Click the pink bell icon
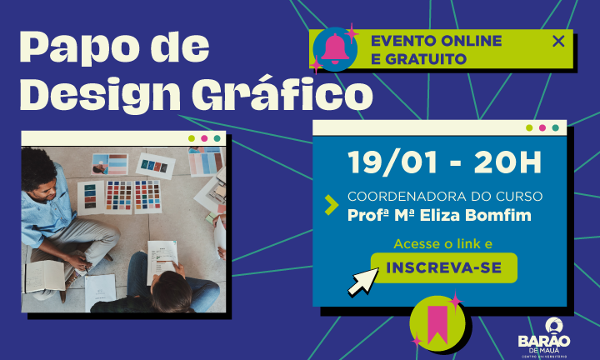[335, 49]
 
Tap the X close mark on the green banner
[558, 41]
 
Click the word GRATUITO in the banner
[426, 59]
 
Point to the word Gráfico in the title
[282, 94]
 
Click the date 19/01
[393, 162]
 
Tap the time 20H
[507, 162]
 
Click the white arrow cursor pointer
[362, 282]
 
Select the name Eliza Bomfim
[476, 215]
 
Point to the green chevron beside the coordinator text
[332, 205]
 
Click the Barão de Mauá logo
[544, 337]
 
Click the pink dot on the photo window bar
[204, 138]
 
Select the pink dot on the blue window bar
[542, 127]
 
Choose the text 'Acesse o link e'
[442, 243]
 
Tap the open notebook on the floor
[45, 276]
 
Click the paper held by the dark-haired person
[162, 260]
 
